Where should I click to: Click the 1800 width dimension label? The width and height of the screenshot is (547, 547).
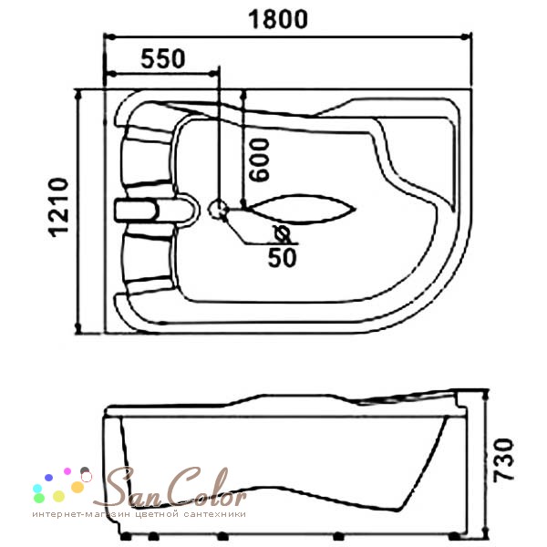(278, 19)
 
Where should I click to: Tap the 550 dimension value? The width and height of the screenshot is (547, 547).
(163, 58)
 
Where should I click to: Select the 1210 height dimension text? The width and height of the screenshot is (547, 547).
(57, 208)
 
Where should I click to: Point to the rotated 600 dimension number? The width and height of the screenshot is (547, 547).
(260, 160)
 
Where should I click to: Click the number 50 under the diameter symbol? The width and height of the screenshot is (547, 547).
(283, 258)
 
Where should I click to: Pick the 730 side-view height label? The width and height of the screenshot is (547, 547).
(503, 460)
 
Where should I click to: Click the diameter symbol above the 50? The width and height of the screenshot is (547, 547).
(282, 234)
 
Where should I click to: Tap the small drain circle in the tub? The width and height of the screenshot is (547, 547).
(218, 209)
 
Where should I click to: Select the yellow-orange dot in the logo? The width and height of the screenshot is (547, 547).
(77, 487)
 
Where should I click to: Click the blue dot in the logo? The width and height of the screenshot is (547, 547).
(49, 478)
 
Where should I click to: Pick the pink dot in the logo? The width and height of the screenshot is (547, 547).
(67, 471)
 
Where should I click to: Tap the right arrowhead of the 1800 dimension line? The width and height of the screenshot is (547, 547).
(467, 36)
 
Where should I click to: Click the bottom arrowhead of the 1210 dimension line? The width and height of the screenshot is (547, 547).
(77, 328)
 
